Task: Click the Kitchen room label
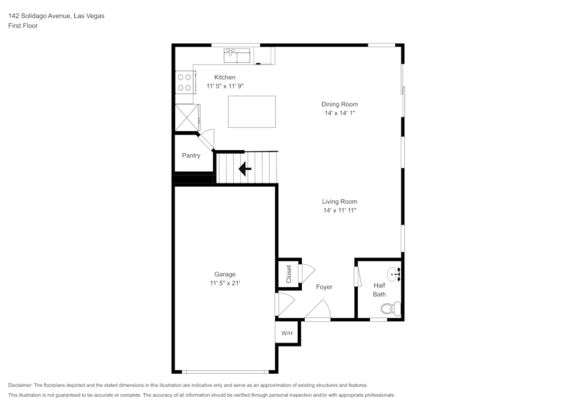[x=225, y=77]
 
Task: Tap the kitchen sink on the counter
[x=237, y=56]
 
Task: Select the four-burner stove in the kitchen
[x=184, y=82]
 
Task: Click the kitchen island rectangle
[x=252, y=112]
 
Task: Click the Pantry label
[x=191, y=155]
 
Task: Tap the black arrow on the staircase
[x=245, y=169]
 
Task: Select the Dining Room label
[x=339, y=104]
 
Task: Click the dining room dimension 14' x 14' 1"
[x=339, y=113]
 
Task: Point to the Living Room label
[x=339, y=201]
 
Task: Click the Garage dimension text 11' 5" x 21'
[x=225, y=283]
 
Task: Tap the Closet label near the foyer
[x=289, y=273]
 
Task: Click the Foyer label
[x=324, y=287]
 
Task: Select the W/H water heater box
[x=287, y=333]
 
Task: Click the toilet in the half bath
[x=391, y=309]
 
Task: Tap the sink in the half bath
[x=394, y=273]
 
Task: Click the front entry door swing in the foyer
[x=317, y=311]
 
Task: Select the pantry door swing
[x=207, y=138]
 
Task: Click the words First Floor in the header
[x=23, y=26]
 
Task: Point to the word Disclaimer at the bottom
[x=20, y=385]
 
